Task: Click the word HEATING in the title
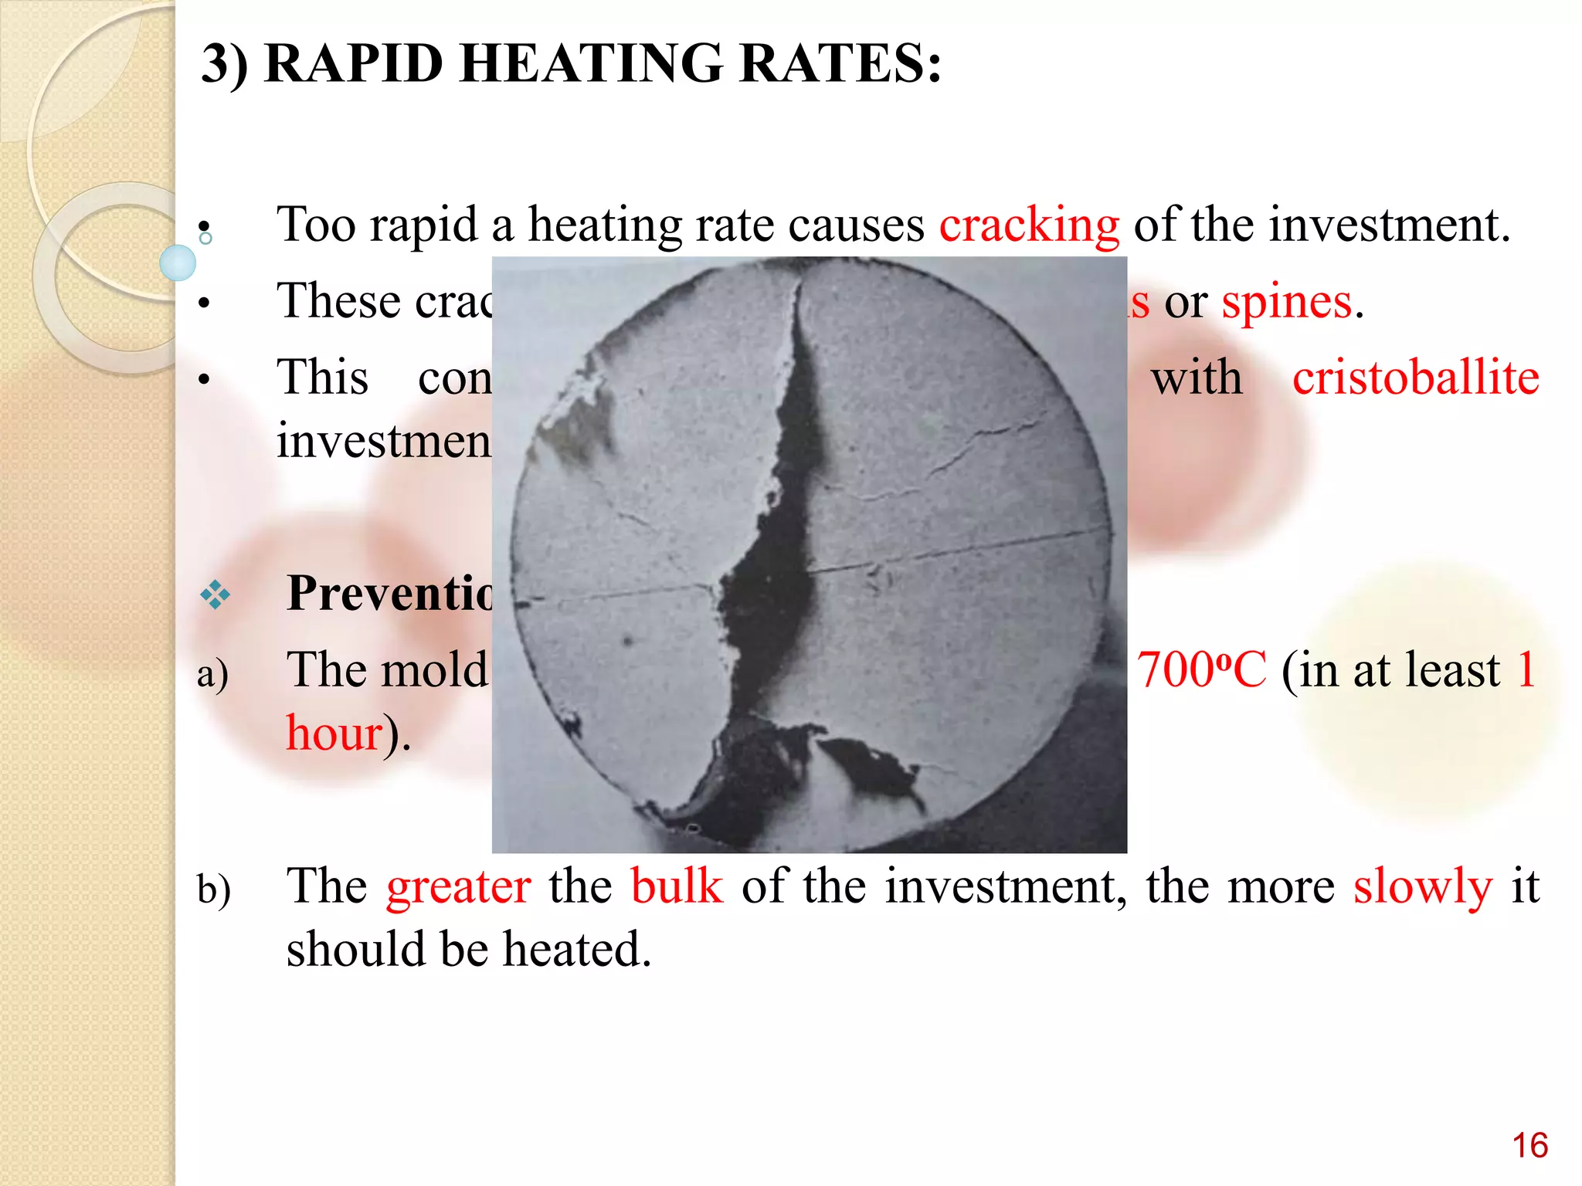[591, 63]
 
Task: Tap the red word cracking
[1029, 225]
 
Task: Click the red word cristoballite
[1416, 378]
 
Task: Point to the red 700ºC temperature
[1201, 670]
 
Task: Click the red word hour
[334, 734]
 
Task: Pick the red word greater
[459, 886]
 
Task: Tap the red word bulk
[677, 886]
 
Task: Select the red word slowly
[1423, 886]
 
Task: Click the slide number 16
[1529, 1146]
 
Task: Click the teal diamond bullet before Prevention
[215, 595]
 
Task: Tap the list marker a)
[212, 673]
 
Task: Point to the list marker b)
[213, 889]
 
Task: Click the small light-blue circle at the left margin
[178, 263]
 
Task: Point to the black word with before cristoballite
[1197, 378]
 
